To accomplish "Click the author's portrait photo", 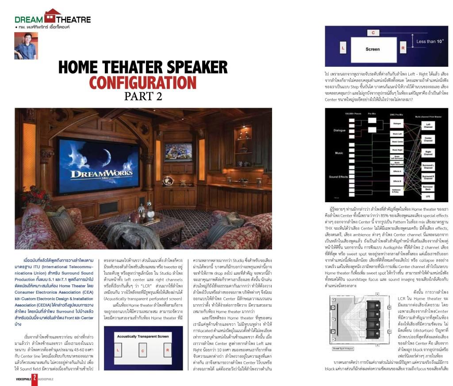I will [x=26, y=45].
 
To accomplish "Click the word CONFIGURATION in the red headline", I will [x=142, y=83].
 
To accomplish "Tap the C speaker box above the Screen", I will [x=373, y=33].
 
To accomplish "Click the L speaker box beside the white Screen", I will [x=343, y=48].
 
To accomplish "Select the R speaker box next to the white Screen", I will [x=403, y=48].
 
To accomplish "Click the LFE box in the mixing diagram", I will [x=428, y=196].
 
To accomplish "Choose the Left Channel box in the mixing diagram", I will [x=428, y=125].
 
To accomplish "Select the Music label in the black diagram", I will [x=338, y=153].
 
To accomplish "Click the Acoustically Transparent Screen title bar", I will [x=143, y=337].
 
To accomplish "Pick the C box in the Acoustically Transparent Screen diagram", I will [x=143, y=351].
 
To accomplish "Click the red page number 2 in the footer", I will [x=35, y=378].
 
